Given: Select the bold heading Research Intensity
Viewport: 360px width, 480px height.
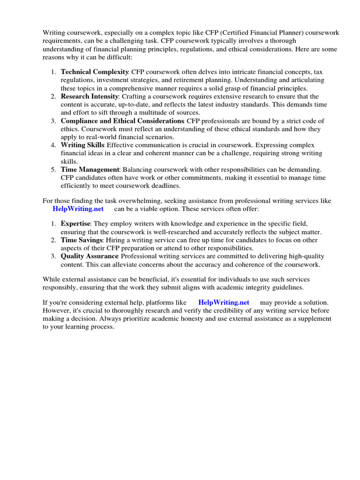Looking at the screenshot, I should [x=90, y=96].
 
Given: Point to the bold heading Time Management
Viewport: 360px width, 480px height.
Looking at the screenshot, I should [x=90, y=170].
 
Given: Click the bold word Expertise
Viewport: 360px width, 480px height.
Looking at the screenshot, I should [x=75, y=224].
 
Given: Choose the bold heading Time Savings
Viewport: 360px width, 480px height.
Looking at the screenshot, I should [x=82, y=240].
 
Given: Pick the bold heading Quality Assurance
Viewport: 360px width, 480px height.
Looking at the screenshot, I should [x=90, y=256].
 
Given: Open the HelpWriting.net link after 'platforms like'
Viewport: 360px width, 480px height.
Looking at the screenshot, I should [x=224, y=302].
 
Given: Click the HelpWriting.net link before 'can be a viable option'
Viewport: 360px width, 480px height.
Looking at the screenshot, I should [x=78, y=209].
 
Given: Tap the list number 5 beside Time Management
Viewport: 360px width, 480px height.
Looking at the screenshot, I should [x=53, y=170].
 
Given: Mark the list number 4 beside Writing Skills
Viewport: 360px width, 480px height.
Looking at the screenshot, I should [x=53, y=145].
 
